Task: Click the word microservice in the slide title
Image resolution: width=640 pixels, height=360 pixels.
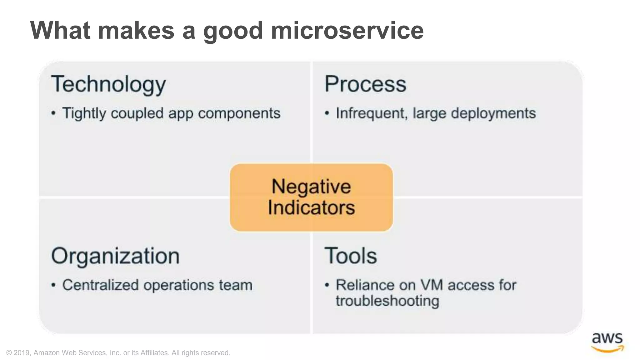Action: (347, 30)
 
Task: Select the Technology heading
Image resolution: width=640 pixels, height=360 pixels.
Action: (108, 84)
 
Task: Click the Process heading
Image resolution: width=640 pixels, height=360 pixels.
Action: (365, 84)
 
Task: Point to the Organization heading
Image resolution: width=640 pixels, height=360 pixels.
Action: (115, 256)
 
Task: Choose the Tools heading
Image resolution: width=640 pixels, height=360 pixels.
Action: (351, 256)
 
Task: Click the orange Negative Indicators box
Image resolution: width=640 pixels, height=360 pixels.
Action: (311, 197)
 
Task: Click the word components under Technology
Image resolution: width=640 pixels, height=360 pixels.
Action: (239, 113)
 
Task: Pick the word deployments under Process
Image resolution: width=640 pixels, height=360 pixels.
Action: (493, 113)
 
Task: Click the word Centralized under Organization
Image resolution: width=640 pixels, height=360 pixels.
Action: (100, 285)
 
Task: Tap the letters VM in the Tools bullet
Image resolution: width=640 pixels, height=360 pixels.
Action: (431, 285)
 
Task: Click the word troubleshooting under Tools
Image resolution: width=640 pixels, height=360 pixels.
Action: (387, 301)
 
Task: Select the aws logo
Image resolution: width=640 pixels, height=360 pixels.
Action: (607, 342)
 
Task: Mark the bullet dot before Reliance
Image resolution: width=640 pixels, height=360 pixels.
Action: (327, 285)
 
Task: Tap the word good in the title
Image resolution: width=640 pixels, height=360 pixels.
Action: (233, 30)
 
